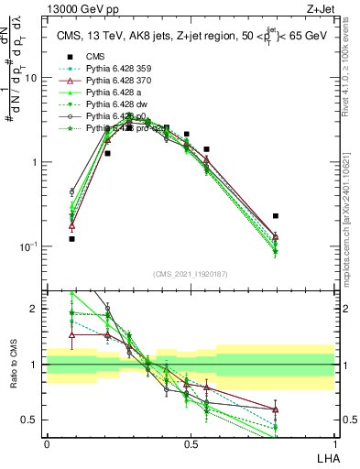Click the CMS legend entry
(94, 57)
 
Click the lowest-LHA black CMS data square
(71, 238)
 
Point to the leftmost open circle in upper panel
(71, 192)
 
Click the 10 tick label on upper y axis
(30, 78)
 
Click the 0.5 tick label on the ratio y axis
(32, 420)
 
